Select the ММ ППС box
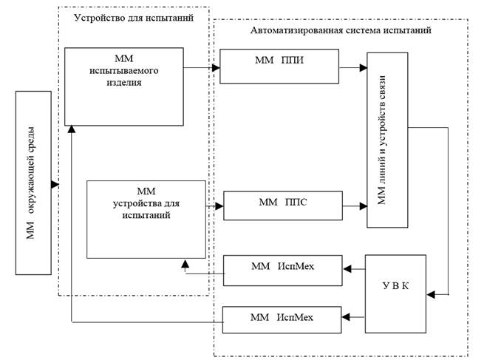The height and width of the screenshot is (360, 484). coord(283,205)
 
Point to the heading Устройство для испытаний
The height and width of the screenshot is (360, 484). coord(133,16)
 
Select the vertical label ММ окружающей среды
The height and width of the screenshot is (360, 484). coord(33,183)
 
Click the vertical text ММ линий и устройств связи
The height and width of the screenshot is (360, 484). coord(387,140)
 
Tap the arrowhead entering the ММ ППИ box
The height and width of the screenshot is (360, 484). coord(217,67)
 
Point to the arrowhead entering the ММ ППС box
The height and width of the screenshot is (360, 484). coord(219,205)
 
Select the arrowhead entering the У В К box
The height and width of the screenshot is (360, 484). coord(432,296)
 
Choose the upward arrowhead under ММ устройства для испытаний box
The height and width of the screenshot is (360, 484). coord(185,263)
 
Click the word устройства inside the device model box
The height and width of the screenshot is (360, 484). coord(146,203)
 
